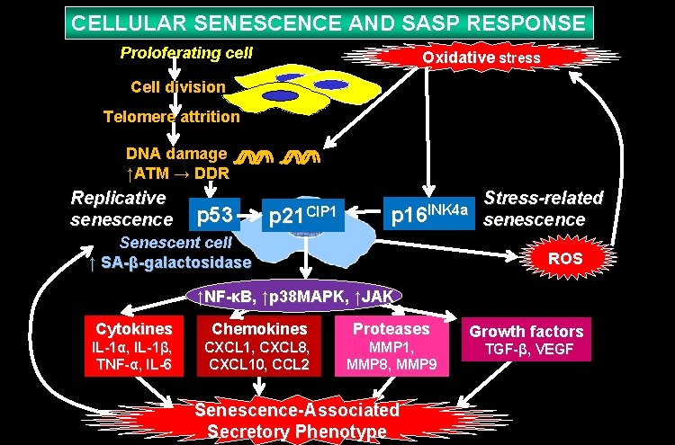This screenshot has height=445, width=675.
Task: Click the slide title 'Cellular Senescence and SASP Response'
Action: click(328, 22)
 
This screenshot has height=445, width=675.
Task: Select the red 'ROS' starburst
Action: click(564, 259)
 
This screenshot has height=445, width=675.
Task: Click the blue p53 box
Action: click(215, 215)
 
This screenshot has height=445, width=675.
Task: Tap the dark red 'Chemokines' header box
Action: click(259, 328)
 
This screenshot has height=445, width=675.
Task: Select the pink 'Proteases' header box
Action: click(391, 328)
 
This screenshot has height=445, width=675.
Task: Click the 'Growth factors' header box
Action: click(526, 331)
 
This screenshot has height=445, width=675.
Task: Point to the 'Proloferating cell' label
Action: click(185, 53)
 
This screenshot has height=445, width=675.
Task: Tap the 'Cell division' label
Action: click(177, 87)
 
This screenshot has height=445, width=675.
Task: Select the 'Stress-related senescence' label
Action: click(543, 209)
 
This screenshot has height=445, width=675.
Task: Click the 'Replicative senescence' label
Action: click(121, 208)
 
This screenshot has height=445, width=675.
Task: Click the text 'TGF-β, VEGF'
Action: click(529, 349)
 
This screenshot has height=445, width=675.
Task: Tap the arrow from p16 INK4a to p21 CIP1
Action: click(365, 214)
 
